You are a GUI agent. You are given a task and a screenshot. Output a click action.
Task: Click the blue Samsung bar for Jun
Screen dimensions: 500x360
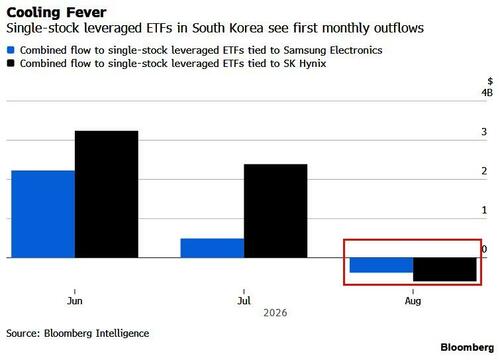[43, 214]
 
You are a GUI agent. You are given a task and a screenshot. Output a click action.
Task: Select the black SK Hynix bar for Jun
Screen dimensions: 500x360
[106, 194]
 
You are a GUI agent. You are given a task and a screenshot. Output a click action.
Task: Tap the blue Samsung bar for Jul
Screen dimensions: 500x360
[212, 248]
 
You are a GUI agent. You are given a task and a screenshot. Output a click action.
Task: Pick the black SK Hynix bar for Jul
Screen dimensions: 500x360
[276, 211]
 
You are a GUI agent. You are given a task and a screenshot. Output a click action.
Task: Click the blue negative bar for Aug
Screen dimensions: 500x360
[381, 265]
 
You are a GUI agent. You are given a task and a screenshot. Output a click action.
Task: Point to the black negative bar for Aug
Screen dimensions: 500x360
[445, 269]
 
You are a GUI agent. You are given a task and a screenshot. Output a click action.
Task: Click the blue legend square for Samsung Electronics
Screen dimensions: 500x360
[11, 50]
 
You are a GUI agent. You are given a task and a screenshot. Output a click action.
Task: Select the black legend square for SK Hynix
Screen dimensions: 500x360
[11, 63]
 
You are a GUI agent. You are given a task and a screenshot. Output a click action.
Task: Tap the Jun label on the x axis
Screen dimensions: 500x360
[75, 301]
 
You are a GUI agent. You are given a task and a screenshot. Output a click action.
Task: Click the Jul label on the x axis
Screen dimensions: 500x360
[244, 301]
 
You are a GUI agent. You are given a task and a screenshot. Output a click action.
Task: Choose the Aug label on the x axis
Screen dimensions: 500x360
[413, 301]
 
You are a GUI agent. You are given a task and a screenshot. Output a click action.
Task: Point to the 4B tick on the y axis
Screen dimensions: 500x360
[487, 92]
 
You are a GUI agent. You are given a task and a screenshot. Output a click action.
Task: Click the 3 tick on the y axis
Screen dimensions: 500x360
[484, 132]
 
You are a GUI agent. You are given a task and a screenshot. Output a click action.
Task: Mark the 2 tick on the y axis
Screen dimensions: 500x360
[484, 171]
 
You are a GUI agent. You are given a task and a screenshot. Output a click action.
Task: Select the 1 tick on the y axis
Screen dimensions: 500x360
[484, 210]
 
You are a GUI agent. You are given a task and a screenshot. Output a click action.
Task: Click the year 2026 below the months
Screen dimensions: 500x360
[275, 313]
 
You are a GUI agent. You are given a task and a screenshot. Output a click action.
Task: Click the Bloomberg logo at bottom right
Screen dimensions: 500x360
[467, 347]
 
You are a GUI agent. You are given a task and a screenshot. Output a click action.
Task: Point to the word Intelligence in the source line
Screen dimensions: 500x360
[123, 333]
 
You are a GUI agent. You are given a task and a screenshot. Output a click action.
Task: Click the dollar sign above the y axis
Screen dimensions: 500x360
[490, 81]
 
